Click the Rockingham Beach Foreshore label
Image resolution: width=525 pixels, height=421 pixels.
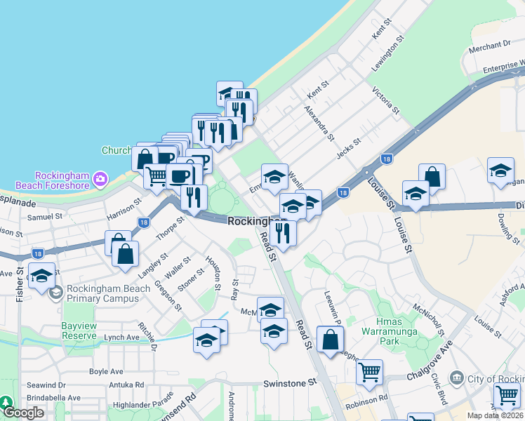62,180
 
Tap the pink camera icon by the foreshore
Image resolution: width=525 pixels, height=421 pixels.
100,180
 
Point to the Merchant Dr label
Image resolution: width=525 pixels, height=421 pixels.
489,44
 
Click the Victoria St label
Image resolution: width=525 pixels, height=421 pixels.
386,100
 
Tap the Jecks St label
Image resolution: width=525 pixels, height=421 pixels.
348,149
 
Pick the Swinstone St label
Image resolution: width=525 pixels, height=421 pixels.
290,383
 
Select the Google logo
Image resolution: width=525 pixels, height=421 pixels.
24,413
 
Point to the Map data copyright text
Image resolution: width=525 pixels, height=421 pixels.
495,415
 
